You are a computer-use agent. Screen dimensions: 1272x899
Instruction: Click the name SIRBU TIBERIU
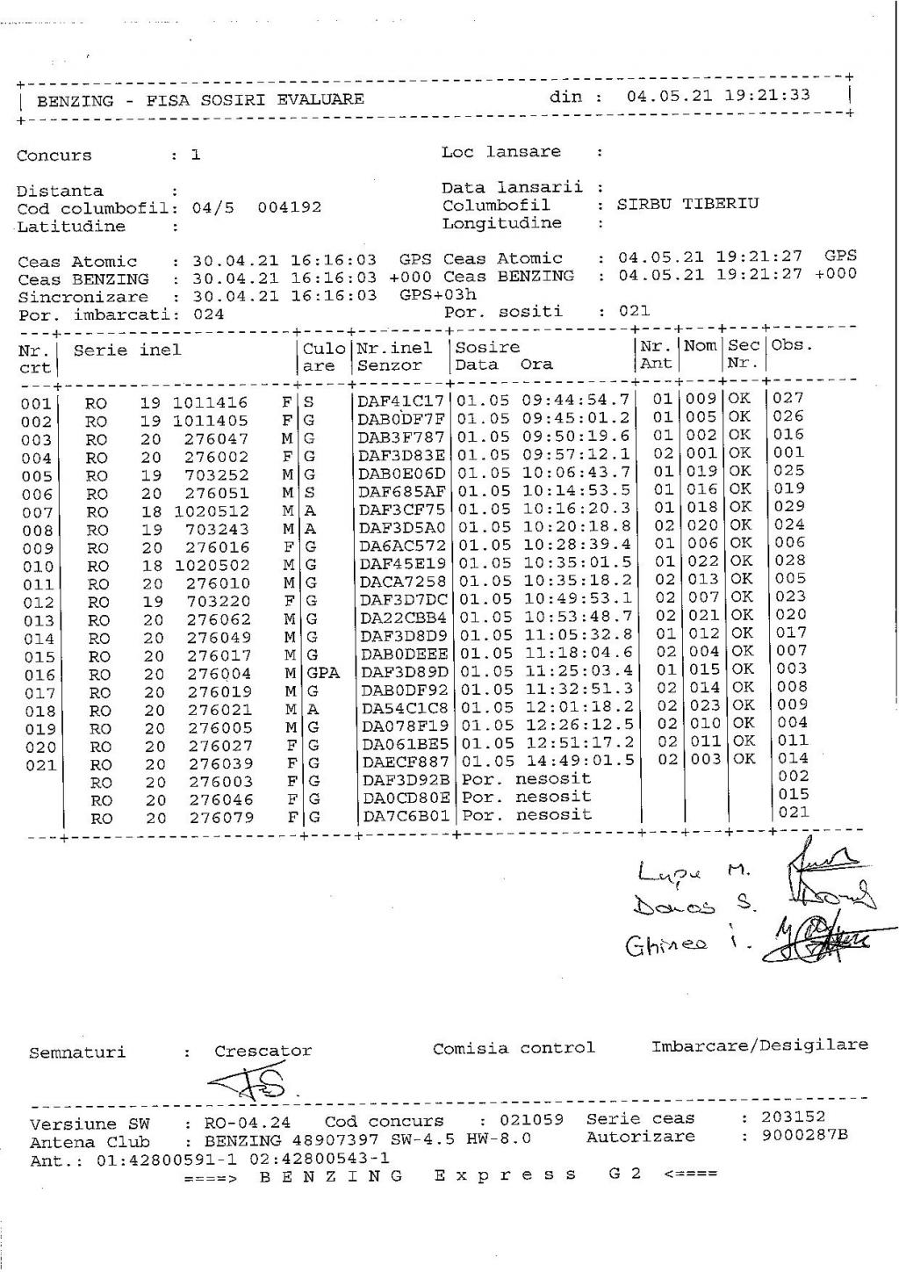687,204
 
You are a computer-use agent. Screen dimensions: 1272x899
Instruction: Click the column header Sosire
486,347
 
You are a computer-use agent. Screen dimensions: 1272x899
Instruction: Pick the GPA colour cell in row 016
322,673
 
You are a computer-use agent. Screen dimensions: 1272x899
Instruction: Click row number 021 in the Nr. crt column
39,765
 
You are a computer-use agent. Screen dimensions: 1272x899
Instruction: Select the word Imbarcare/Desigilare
759,1045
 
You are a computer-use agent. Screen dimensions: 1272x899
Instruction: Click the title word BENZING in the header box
75,100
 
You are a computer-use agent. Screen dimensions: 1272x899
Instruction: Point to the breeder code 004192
289,208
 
